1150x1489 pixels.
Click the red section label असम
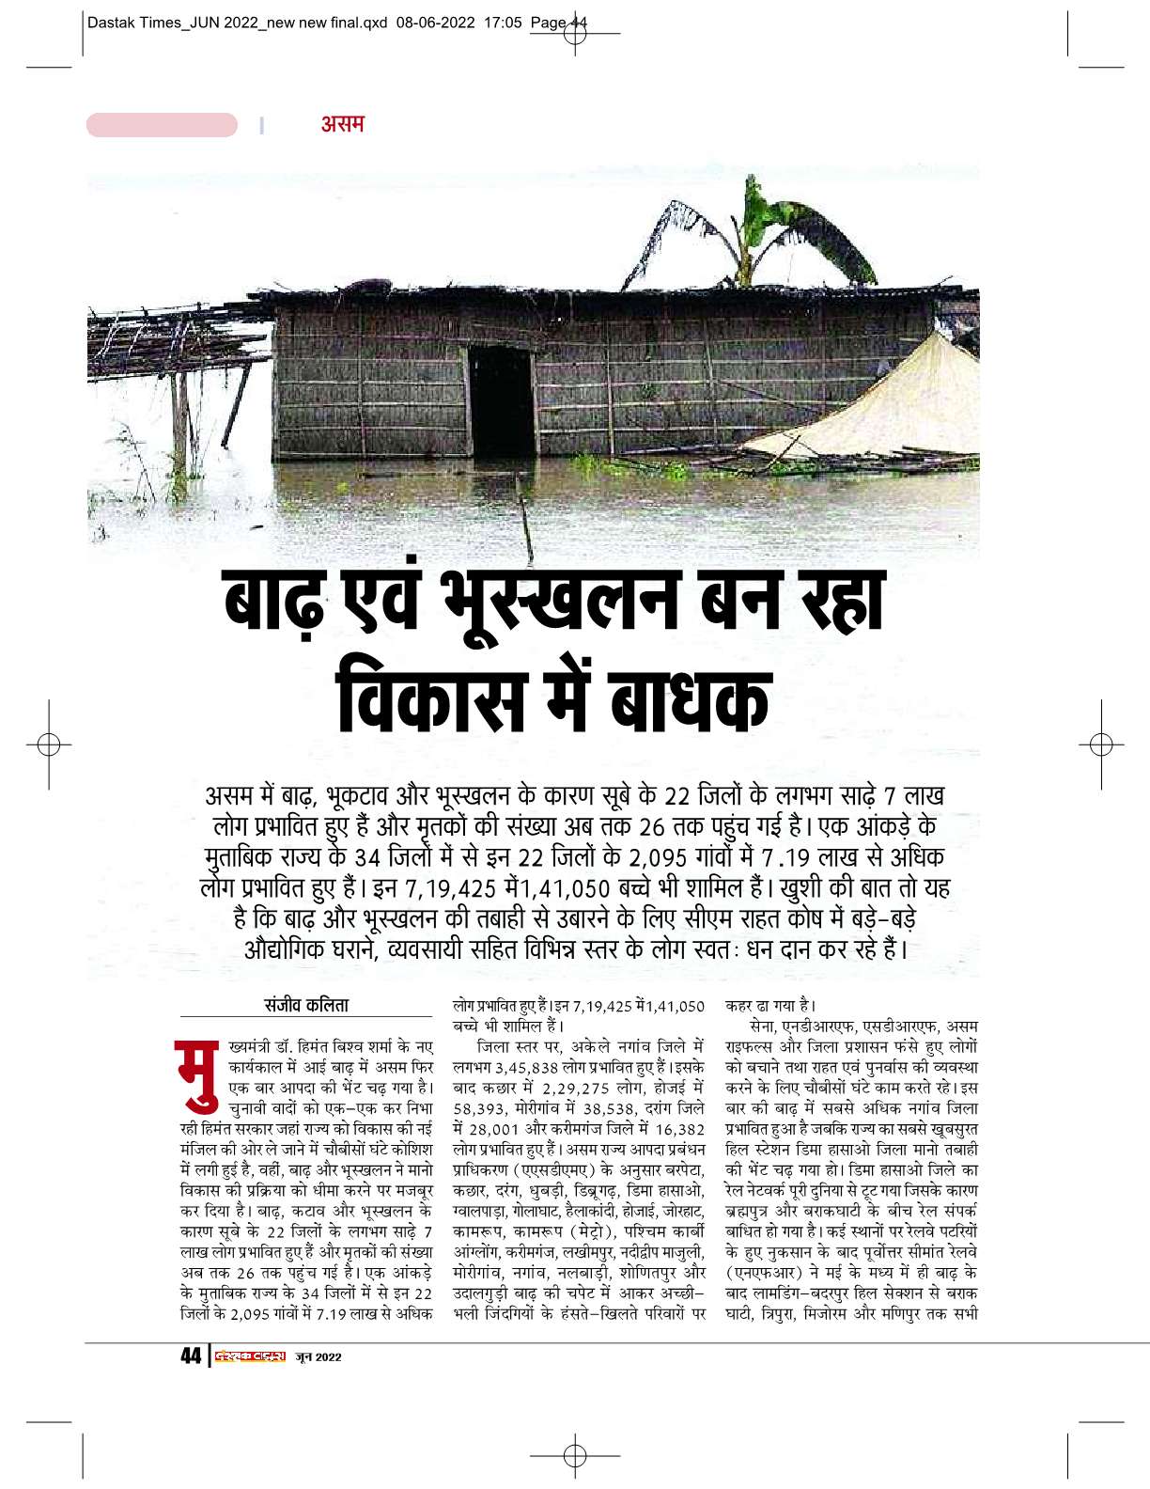[x=342, y=124]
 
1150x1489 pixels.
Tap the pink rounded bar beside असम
[x=162, y=125]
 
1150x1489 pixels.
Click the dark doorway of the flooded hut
[x=500, y=399]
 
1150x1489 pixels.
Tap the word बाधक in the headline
[x=690, y=700]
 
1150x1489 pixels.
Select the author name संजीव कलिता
[x=306, y=1005]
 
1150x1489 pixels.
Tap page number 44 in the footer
[x=191, y=1356]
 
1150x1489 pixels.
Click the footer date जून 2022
[x=319, y=1356]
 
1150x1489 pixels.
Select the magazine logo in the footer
[x=250, y=1356]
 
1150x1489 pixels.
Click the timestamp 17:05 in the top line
[x=503, y=23]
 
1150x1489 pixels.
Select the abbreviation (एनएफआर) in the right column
[x=769, y=1272]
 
